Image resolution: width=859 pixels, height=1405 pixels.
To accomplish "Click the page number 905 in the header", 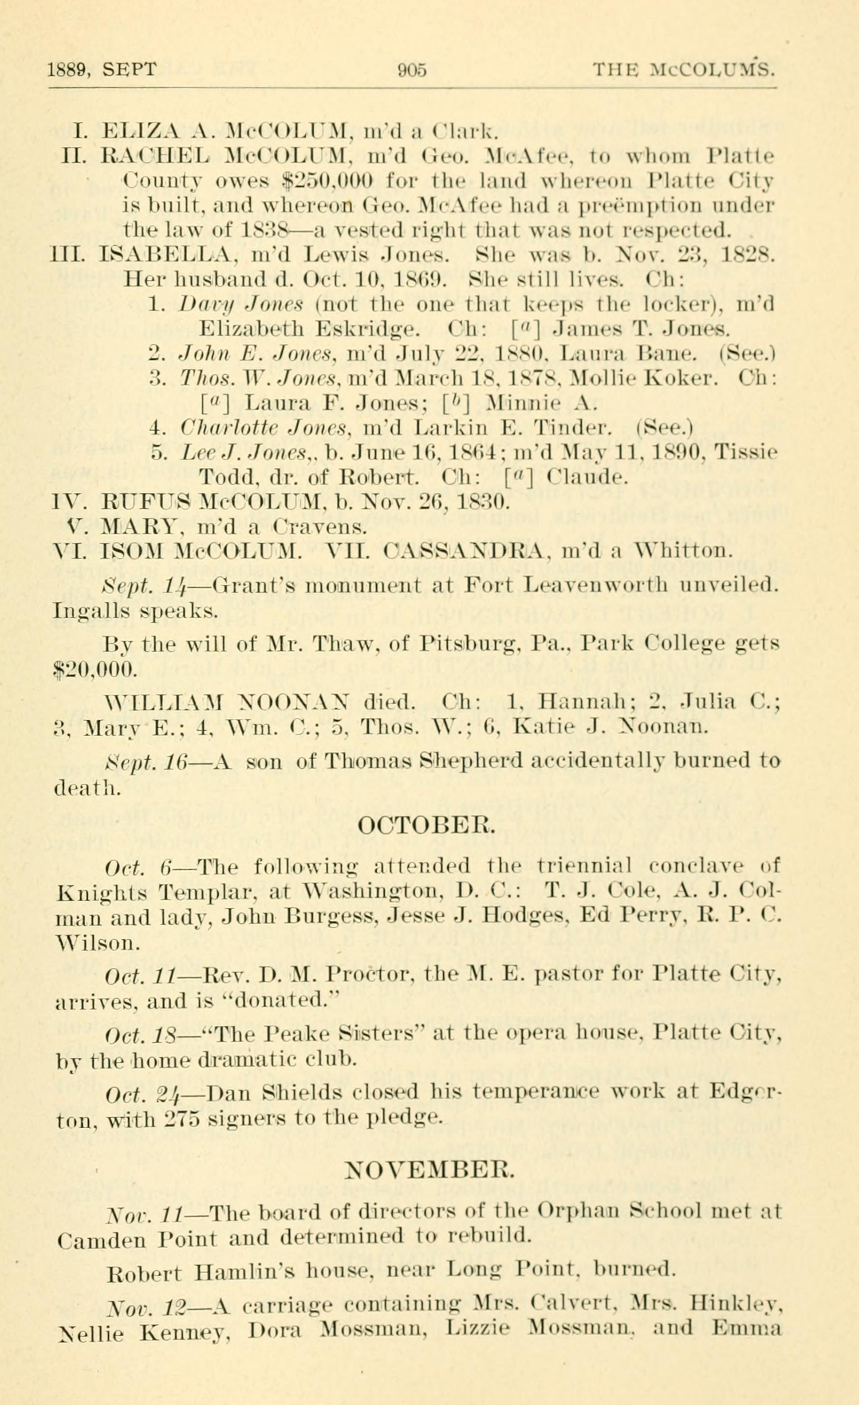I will click(412, 70).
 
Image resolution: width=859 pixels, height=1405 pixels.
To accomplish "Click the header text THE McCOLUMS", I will click(683, 70).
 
